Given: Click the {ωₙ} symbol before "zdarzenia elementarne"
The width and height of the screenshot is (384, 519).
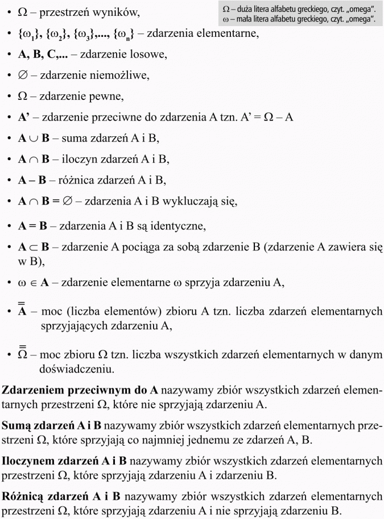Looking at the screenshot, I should point(129,34).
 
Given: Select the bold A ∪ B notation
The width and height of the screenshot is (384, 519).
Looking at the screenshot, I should point(34,138).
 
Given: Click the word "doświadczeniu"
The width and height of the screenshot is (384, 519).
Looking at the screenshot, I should point(76,369).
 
